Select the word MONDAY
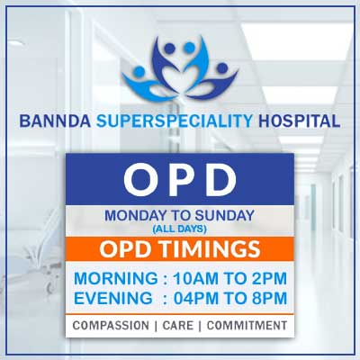click(137, 215)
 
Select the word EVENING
click(110, 298)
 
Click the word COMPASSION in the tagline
click(111, 325)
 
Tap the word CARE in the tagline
click(179, 325)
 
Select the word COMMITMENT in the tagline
click(248, 325)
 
